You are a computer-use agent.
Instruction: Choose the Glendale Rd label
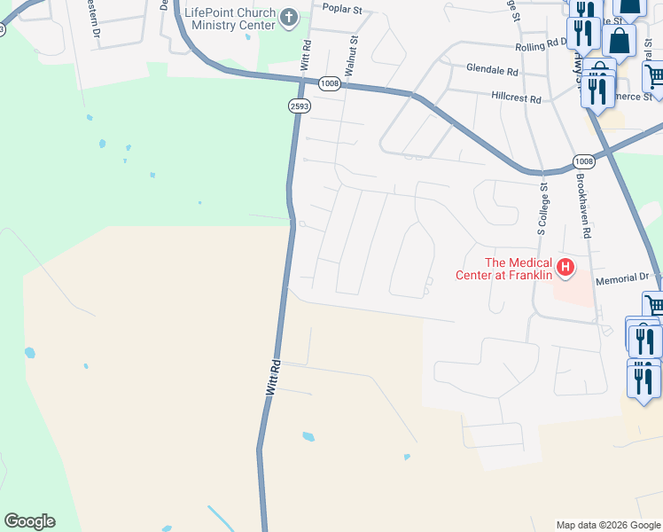pos(493,70)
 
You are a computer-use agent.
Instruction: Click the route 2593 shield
pos(299,106)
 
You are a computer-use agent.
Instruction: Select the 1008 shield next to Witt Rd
pos(330,82)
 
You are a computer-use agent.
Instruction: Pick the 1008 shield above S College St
pos(583,161)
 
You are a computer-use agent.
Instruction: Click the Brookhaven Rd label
pos(582,205)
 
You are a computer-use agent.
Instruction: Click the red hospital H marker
pos(565,266)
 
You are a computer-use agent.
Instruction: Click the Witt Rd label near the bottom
pos(274,376)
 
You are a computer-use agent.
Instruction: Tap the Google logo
pos(29,521)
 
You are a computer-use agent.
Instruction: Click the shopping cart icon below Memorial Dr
pos(654,305)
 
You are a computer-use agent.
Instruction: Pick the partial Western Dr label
pos(93,18)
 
